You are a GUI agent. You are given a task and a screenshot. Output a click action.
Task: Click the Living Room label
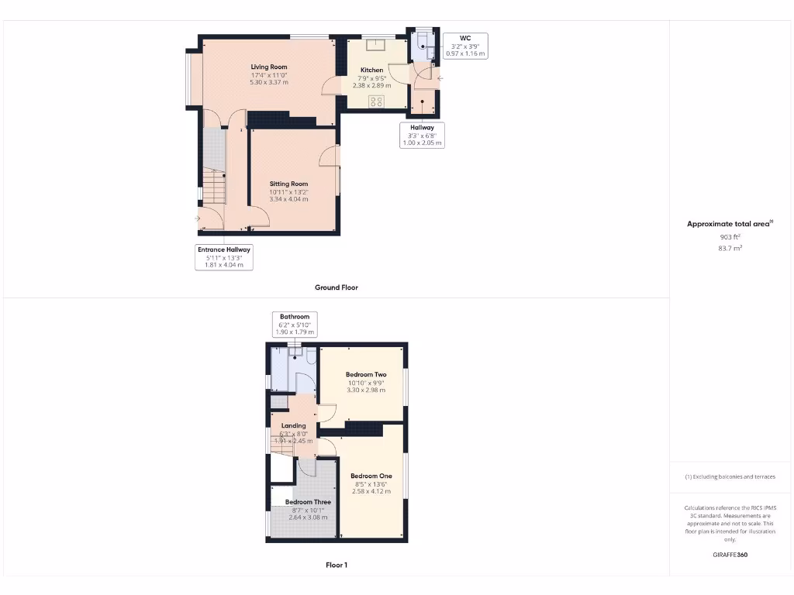[x=268, y=67]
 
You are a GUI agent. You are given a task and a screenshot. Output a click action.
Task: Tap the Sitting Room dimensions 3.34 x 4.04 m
[x=288, y=199]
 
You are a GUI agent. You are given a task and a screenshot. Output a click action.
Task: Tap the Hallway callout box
[x=423, y=135]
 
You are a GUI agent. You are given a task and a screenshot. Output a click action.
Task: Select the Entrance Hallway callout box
[x=224, y=256]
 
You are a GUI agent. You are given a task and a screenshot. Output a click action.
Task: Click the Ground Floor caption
[x=337, y=287]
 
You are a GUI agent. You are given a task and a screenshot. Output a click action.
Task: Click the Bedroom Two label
[x=366, y=375]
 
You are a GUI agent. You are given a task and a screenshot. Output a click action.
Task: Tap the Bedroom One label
[x=371, y=476]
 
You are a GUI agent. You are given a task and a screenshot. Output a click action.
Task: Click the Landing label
[x=293, y=425]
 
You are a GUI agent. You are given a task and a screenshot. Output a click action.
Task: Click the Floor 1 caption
[x=337, y=565]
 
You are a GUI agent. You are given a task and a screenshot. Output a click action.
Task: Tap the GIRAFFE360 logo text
[x=730, y=555]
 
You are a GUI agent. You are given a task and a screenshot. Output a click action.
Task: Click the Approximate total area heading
[x=730, y=224]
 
